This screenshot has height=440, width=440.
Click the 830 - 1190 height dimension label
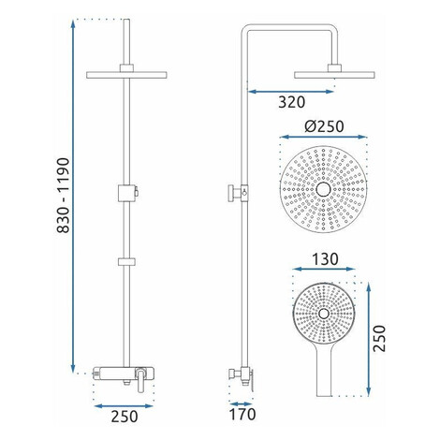[64, 196]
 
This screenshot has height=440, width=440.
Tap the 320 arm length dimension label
[291, 102]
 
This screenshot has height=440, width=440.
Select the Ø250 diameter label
[324, 126]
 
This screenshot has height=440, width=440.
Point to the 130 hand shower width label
[325, 259]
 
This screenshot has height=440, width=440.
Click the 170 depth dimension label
[242, 415]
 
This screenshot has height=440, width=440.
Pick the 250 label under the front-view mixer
[125, 417]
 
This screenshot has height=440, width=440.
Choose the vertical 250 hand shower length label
[379, 339]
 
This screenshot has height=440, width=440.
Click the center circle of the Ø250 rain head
[323, 189]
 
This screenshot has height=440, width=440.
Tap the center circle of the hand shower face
[324, 314]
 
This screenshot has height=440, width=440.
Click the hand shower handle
[324, 372]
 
